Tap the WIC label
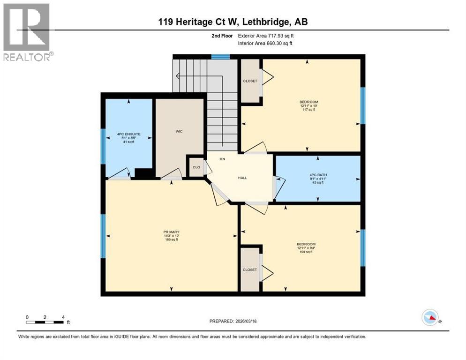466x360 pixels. [x=179, y=131]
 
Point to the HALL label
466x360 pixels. [x=242, y=178]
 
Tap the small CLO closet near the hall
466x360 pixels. [x=196, y=167]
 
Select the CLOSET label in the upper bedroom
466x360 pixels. [x=250, y=81]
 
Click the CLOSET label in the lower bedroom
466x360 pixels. [x=250, y=270]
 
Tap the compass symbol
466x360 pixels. [x=430, y=317]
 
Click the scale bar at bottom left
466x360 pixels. [x=45, y=322]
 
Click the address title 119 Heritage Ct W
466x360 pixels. [x=233, y=22]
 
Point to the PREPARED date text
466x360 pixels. [x=233, y=321]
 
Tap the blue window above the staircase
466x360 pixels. [x=220, y=57]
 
